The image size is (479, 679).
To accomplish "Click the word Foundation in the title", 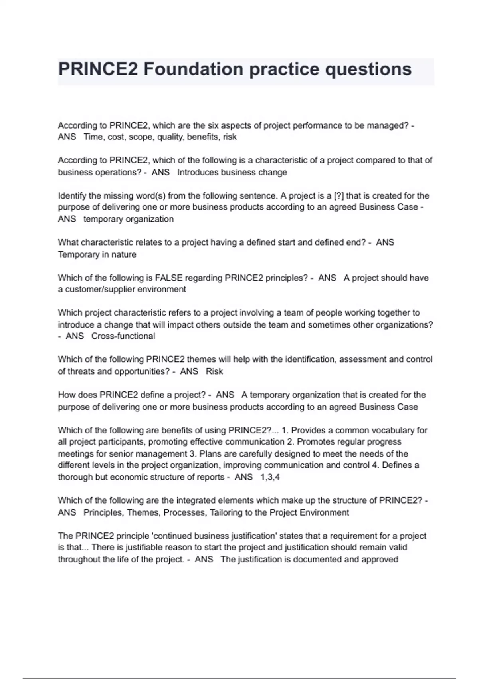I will (193, 69).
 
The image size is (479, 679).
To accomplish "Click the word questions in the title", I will (368, 69).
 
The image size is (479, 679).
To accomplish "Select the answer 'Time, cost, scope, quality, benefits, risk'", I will (160, 137).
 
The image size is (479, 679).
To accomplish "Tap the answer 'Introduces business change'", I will (232, 173).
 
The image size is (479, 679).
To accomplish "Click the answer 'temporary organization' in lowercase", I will (129, 219).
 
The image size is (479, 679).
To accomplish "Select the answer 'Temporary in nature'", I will (97, 254).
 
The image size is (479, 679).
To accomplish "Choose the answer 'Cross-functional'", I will (123, 336).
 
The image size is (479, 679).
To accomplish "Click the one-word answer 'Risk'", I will (214, 371).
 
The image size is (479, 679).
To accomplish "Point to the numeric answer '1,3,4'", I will (270, 477).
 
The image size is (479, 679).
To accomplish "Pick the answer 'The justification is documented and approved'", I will (309, 560).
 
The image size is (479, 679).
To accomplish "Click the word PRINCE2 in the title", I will (98, 69).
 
